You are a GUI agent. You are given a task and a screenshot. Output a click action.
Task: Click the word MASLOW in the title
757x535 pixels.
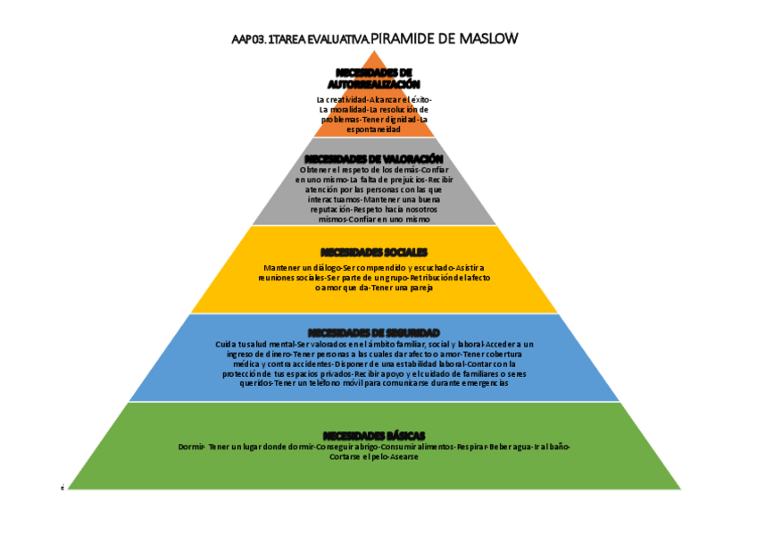(x=487, y=38)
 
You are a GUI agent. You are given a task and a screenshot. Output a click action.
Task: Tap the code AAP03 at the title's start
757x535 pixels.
(x=246, y=39)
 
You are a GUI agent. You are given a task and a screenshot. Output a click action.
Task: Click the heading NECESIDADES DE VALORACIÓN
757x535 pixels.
(x=374, y=158)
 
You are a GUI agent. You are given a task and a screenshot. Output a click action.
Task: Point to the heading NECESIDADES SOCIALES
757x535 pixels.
(x=374, y=252)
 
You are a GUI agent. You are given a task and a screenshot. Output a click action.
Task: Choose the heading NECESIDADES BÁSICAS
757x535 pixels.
(x=374, y=434)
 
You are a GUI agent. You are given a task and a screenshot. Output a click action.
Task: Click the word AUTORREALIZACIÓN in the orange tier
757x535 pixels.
(x=374, y=83)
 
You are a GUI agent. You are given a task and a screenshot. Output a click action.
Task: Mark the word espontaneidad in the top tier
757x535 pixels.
(x=374, y=130)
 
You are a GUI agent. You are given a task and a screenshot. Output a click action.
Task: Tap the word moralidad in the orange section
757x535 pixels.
(x=348, y=109)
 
